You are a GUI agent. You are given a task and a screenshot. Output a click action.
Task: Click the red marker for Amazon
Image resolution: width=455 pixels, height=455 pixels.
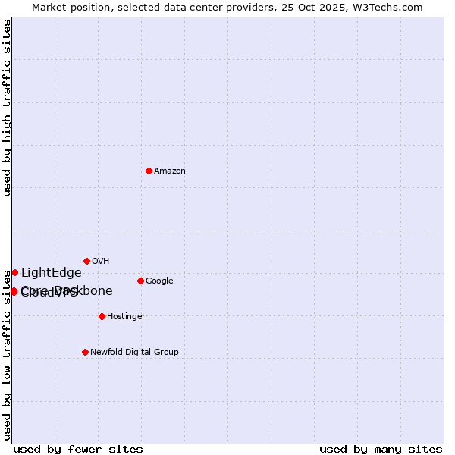click(149, 171)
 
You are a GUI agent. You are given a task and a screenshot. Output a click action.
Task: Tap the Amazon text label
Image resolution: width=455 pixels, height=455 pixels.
click(170, 171)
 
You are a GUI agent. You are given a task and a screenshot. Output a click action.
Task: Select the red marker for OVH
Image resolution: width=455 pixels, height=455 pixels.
click(86, 261)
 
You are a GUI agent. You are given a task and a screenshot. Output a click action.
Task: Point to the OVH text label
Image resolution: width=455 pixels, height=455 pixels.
click(101, 261)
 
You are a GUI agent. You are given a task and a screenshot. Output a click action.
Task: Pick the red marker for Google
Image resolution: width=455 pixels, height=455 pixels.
click(140, 281)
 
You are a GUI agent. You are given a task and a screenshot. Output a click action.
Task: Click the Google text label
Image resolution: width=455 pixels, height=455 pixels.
click(159, 281)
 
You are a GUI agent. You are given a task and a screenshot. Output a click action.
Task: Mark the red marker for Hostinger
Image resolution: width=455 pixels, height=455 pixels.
click(102, 316)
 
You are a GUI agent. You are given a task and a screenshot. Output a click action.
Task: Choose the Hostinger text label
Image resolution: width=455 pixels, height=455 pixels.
click(126, 316)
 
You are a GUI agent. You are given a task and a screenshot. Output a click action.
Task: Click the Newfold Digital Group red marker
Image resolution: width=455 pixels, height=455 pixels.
click(85, 352)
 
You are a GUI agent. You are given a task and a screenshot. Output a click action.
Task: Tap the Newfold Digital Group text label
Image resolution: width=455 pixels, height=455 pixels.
click(134, 352)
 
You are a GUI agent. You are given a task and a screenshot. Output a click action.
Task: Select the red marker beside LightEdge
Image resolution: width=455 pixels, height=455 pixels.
click(14, 272)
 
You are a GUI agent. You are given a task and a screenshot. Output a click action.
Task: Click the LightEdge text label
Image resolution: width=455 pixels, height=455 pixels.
click(51, 273)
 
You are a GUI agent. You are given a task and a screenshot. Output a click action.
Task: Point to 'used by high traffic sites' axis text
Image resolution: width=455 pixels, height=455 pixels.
click(7, 108)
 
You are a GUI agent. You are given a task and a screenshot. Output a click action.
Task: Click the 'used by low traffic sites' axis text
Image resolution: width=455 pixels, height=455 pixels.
click(7, 354)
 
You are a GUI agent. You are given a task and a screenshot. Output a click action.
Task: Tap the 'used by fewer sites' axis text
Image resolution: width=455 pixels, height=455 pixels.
click(78, 449)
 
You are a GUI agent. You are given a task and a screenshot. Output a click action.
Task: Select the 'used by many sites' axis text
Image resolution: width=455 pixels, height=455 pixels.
click(381, 449)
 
